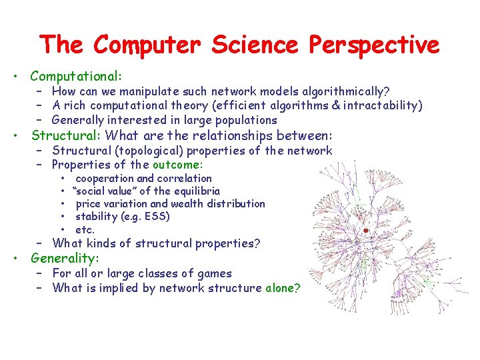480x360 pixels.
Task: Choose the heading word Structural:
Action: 65,135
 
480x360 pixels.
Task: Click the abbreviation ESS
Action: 157,217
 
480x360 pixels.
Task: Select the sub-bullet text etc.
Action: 85,229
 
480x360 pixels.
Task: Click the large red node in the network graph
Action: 365,230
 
